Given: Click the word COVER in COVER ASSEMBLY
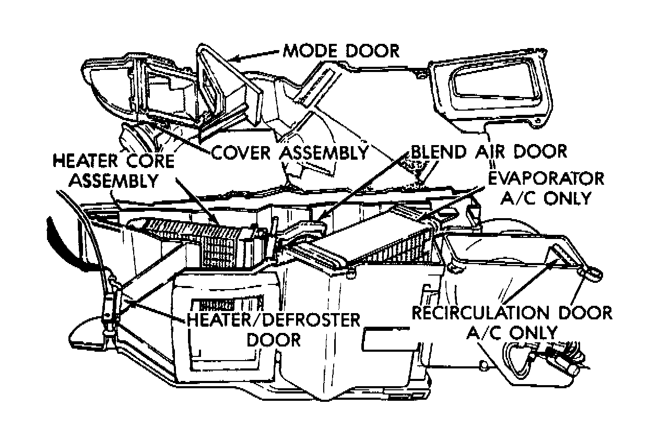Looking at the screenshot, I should point(243,153).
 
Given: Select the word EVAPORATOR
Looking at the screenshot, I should point(546,178).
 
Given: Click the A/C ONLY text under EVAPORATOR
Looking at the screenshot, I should point(546,198).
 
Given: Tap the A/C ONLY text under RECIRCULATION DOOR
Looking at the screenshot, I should point(512,333).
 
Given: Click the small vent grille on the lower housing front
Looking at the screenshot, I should point(228,304).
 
